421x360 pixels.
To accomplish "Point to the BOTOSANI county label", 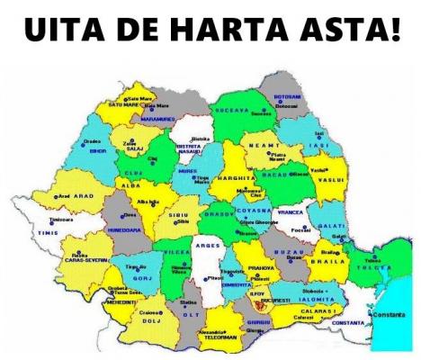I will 285,96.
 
